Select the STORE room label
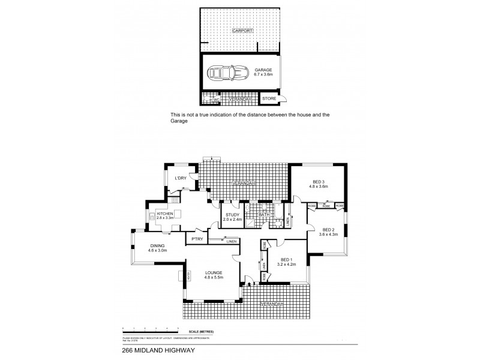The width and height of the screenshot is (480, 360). click(x=268, y=99)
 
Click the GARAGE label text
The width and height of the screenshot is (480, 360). click(x=263, y=70)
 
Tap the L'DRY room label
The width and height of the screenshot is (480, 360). click(x=181, y=179)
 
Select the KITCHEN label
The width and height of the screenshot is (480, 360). click(x=165, y=214)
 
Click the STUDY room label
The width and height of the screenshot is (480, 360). click(x=233, y=214)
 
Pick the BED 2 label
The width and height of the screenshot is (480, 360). click(x=328, y=229)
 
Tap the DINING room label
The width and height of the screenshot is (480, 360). click(x=157, y=246)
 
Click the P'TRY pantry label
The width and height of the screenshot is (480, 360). click(x=196, y=239)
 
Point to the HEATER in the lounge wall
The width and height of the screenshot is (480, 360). click(x=188, y=277)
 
